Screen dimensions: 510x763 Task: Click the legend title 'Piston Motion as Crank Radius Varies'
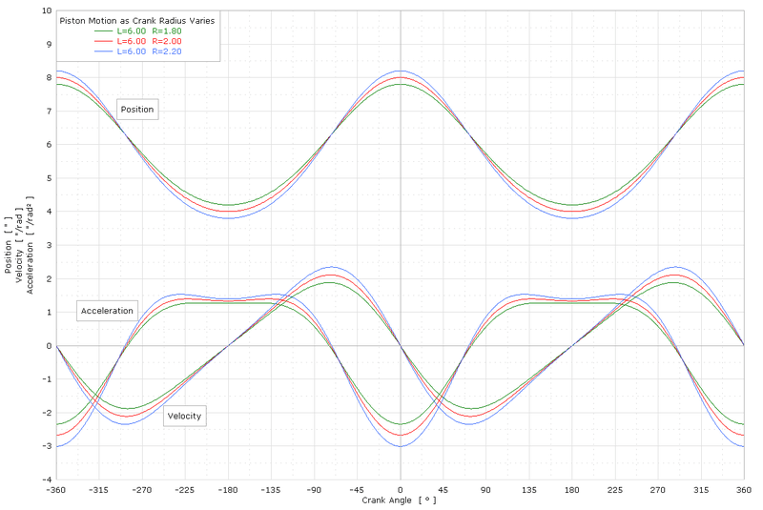pos(136,19)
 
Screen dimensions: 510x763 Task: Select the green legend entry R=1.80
pos(149,31)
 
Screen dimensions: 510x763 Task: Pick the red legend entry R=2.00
pos(149,41)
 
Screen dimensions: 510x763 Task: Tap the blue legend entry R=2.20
pos(149,51)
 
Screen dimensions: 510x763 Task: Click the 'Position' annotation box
pos(137,110)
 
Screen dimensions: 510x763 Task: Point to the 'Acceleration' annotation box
pos(108,312)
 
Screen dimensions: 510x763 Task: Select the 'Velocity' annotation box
pos(185,416)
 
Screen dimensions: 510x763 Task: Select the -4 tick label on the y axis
pos(46,479)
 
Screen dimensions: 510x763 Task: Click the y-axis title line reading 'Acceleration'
pos(31,246)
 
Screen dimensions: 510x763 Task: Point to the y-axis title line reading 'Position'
pos(8,246)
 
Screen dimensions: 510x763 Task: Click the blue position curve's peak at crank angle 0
pos(401,71)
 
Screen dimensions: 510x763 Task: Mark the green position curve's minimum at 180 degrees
pos(572,205)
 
